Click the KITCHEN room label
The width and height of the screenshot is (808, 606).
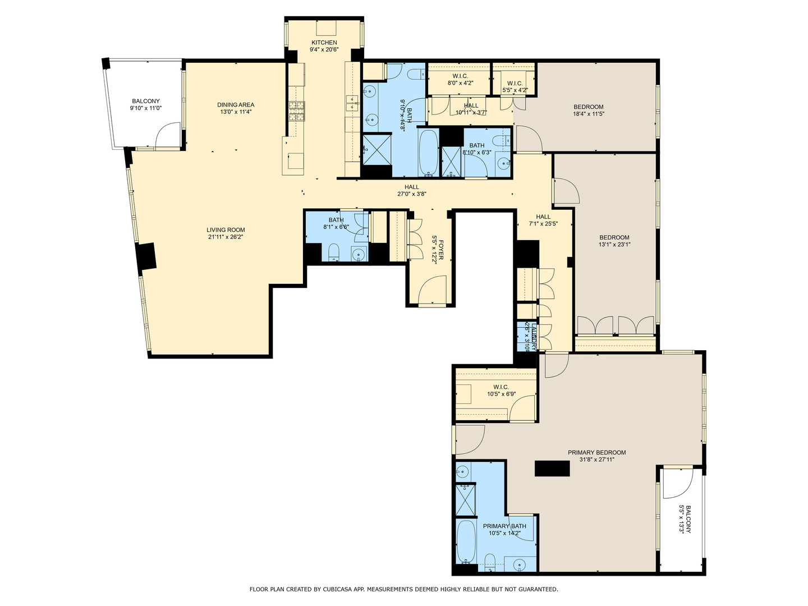(324, 43)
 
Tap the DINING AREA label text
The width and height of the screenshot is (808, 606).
(236, 105)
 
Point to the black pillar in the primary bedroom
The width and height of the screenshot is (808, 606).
(552, 469)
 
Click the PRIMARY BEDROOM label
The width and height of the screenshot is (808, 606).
(596, 453)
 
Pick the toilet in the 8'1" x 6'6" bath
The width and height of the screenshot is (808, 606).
(333, 252)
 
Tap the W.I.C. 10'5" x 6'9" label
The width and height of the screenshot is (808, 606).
(501, 387)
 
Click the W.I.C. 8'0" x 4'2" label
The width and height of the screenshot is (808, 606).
(460, 76)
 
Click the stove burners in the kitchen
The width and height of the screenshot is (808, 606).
(297, 111)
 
